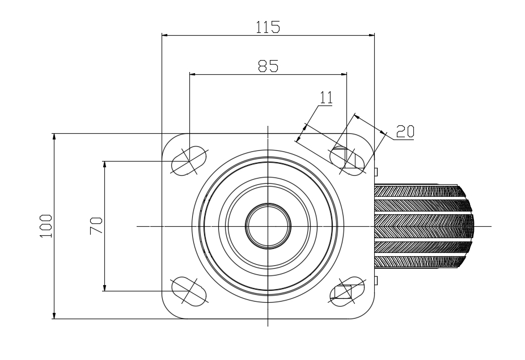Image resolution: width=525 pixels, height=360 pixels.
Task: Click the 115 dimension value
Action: (268, 27)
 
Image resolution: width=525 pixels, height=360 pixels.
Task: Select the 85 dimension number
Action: (268, 66)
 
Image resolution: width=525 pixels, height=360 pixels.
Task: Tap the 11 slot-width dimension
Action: (327, 98)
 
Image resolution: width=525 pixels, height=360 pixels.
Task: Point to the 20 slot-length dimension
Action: (405, 132)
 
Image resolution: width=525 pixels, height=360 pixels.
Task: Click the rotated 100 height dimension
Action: (46, 226)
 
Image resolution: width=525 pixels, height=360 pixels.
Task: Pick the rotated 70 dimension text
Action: (96, 226)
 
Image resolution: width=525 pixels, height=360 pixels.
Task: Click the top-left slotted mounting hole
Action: (189, 161)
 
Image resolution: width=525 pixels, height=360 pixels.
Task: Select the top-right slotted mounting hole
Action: (347, 161)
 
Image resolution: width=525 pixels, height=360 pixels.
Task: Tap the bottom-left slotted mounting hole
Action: (189, 291)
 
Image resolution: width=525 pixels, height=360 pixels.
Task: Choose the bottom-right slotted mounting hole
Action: (347, 291)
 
